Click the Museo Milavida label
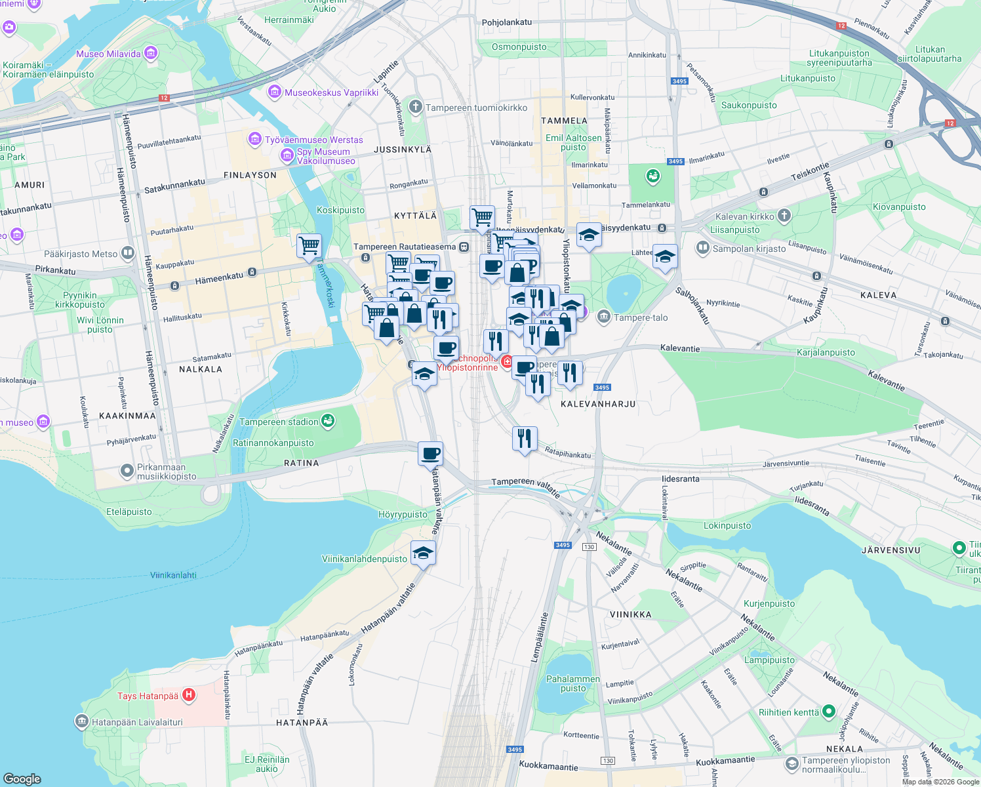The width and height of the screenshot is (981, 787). pos(108,54)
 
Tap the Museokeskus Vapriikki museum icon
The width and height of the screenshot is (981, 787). pos(275,92)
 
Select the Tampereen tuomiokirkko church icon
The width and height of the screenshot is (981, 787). pos(415,107)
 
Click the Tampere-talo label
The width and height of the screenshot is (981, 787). pos(641,317)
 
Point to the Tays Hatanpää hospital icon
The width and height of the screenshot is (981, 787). pos(189,695)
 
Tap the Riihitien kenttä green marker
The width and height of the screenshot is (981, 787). pos(828,712)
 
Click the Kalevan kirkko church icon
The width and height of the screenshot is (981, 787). pos(784,216)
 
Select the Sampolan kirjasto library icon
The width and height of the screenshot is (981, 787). pos(703,248)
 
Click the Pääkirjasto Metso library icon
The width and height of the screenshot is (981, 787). pos(128,253)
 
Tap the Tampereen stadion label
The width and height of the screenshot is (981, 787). pos(279,422)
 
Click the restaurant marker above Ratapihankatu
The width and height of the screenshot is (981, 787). pos(525,438)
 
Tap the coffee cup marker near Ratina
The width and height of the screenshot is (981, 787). pos(431,454)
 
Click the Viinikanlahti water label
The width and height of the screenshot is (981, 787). pos(173,575)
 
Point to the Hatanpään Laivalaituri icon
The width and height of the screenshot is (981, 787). pos(81,722)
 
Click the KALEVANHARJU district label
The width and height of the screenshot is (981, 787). pos(598,404)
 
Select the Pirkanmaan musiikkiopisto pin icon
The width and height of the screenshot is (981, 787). pos(127,471)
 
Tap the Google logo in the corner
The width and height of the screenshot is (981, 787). pos(22,778)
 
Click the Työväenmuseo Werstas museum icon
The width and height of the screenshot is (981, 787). pos(254,139)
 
